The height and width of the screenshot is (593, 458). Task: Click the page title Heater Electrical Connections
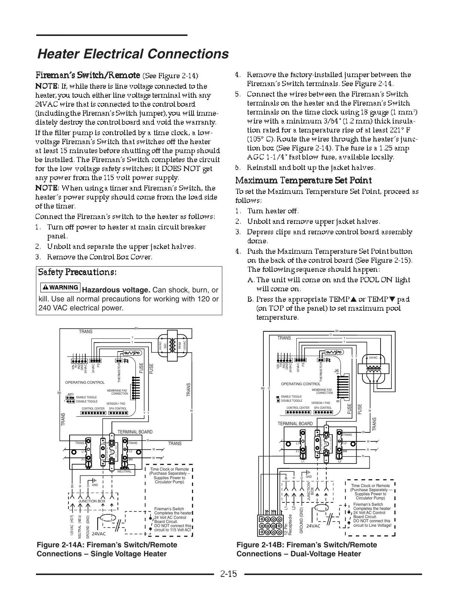click(x=133, y=54)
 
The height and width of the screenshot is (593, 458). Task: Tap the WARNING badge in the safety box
click(x=60, y=288)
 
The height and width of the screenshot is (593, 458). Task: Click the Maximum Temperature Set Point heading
click(x=303, y=180)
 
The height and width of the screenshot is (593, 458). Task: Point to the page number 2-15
click(x=229, y=574)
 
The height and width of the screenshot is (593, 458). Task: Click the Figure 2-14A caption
click(x=107, y=549)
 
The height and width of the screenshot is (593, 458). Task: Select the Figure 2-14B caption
click(x=306, y=549)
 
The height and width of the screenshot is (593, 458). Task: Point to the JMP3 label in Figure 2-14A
click(x=70, y=394)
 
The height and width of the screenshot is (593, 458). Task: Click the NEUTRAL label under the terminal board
click(x=125, y=471)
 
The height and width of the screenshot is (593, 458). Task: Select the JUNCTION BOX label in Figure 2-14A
click(x=92, y=501)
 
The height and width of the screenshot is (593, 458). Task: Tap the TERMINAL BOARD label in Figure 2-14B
click(x=295, y=424)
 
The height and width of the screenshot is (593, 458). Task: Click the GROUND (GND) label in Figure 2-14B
click(x=301, y=520)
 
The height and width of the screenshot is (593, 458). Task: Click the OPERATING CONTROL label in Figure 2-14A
click(x=85, y=383)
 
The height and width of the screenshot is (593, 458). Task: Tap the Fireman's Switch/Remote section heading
click(x=88, y=75)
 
